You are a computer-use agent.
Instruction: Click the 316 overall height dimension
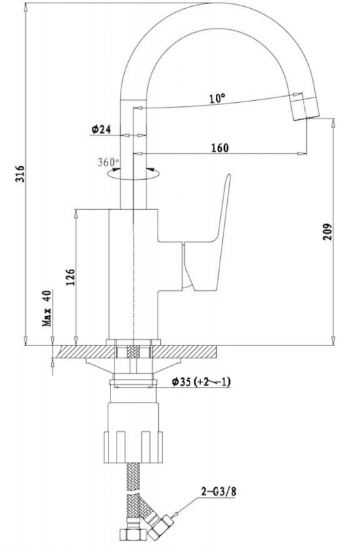(x=20, y=173)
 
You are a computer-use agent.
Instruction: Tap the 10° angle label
(x=217, y=98)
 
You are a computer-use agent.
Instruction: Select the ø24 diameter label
(x=101, y=129)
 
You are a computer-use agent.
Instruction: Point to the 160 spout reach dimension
(x=220, y=148)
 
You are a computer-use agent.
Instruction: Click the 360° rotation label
(x=108, y=162)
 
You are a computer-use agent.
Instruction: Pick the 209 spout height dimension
(x=328, y=232)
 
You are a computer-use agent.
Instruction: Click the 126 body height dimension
(x=70, y=277)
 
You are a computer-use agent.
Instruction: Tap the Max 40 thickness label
(x=47, y=308)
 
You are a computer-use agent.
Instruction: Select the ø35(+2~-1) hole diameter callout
(x=201, y=382)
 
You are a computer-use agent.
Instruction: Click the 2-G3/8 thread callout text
(x=219, y=491)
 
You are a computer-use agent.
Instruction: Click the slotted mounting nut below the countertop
(x=134, y=447)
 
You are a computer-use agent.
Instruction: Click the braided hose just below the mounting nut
(x=134, y=477)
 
